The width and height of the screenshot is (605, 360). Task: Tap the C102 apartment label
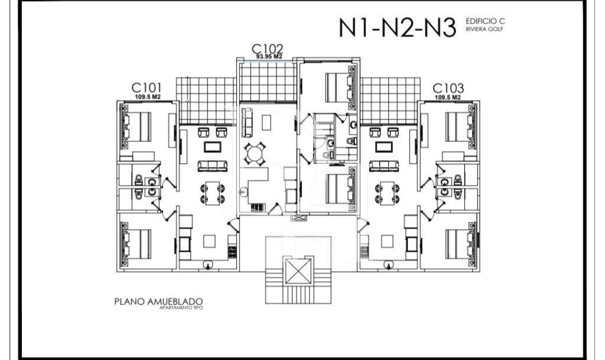(267, 48)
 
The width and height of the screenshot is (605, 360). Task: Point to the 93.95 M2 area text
(269, 57)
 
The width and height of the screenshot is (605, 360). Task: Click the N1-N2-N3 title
(398, 27)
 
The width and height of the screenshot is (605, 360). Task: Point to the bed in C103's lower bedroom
(459, 242)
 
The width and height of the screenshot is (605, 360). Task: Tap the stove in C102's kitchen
(258, 207)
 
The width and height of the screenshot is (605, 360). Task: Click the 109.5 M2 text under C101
(147, 97)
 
